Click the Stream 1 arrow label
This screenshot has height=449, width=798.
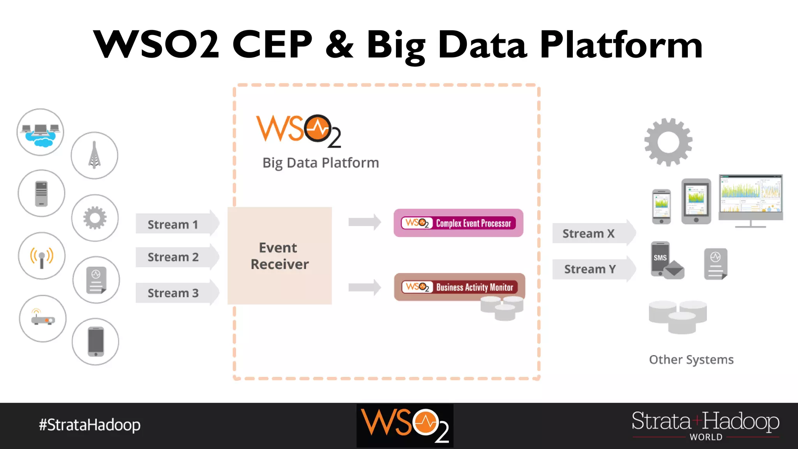pos(173,224)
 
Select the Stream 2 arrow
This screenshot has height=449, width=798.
pos(173,257)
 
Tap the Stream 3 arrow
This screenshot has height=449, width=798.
pos(173,293)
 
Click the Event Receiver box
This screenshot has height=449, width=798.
pos(280,256)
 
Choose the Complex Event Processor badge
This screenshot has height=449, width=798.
pos(458,223)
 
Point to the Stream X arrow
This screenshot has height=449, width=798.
pos(589,233)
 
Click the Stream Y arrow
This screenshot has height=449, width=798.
pos(590,269)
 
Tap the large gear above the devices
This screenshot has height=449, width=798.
pos(668,142)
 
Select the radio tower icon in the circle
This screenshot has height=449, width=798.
pos(94,156)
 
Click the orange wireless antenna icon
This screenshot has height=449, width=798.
pos(42,256)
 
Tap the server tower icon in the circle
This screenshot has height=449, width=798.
pos(41,193)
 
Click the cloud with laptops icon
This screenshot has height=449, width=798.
pos(41,133)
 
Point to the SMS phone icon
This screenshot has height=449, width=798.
pos(666,260)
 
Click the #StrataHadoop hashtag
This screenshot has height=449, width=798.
pos(90,425)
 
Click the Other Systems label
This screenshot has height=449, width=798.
pos(691,359)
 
